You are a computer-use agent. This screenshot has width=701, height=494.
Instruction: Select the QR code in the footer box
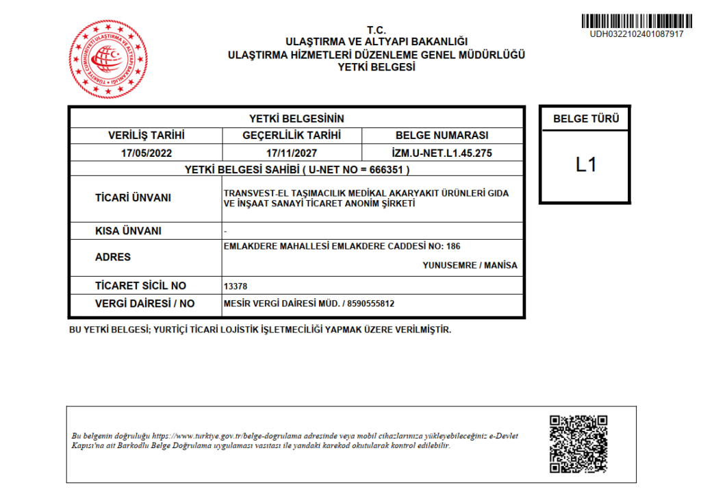pos(578,443)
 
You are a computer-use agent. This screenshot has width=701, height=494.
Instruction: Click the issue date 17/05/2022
pos(146,153)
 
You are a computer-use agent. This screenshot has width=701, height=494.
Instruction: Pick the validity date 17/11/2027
pos(292,153)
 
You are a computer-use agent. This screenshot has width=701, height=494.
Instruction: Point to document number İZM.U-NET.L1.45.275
pos(442,153)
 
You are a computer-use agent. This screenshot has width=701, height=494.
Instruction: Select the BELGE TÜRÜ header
pos(585,119)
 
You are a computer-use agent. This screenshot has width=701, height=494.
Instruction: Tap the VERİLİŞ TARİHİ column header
pos(146,136)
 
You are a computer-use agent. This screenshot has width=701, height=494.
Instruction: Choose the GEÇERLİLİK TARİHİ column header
pos(292,136)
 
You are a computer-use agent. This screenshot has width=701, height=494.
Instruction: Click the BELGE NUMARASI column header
pos(442,136)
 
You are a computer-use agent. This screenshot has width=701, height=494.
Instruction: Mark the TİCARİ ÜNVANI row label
pos(133,198)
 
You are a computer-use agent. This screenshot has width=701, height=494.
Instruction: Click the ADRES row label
pos(113,257)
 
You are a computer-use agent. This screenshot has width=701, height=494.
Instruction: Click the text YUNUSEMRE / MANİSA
pos(470,265)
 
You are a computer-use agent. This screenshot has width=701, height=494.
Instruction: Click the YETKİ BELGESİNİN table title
pos(296,119)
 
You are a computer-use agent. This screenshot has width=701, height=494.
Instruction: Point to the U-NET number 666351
pos(390,169)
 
